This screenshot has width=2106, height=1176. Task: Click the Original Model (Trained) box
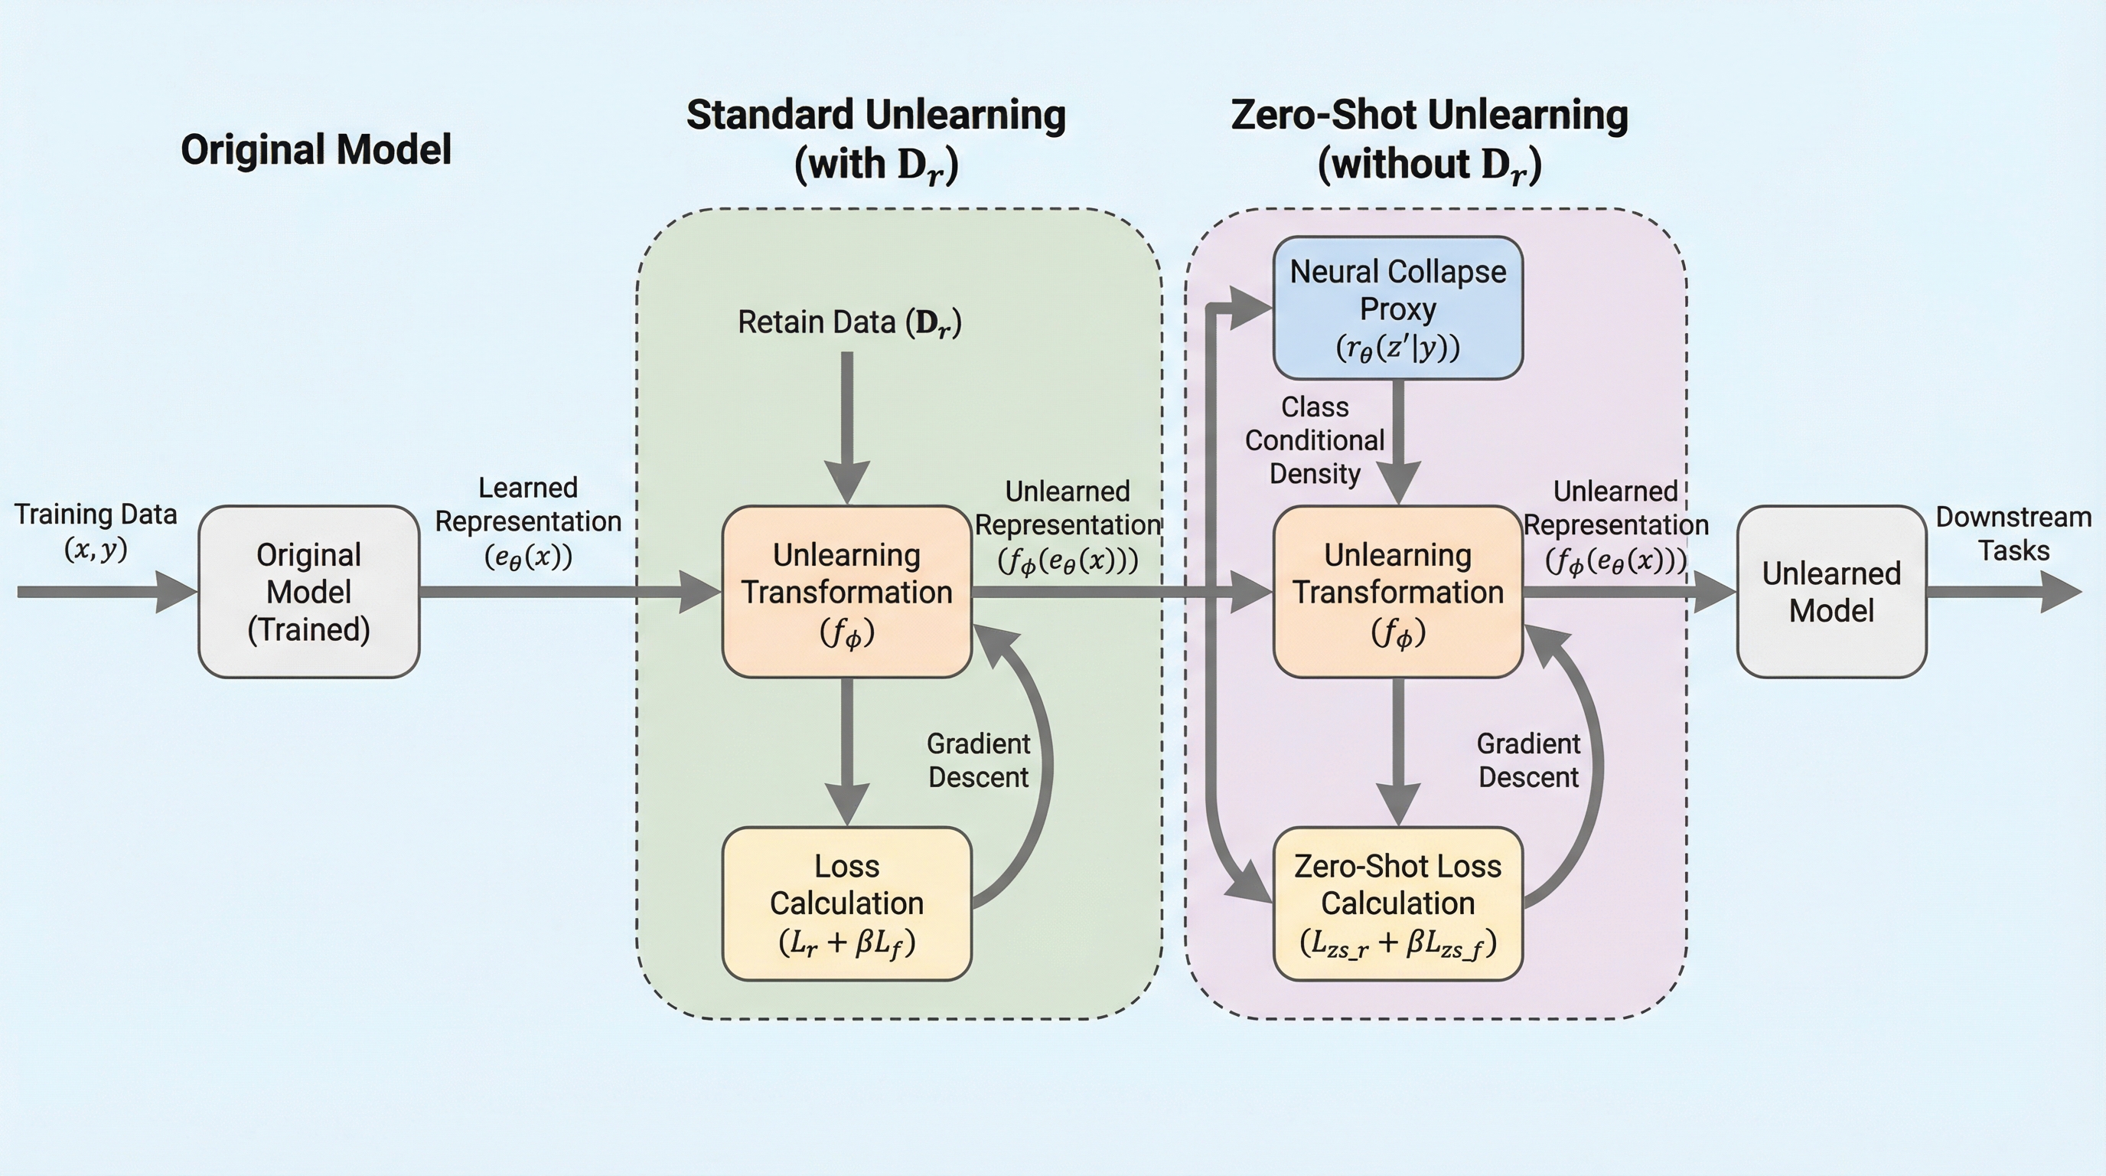(309, 591)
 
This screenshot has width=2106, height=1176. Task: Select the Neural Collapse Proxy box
(1398, 309)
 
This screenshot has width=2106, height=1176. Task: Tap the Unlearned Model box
(1831, 591)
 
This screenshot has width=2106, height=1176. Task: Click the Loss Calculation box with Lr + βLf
(847, 903)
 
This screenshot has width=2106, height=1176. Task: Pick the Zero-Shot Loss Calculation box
(1398, 903)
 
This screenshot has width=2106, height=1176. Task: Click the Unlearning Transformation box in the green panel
(847, 591)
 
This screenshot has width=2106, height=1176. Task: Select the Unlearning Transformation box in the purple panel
(1398, 591)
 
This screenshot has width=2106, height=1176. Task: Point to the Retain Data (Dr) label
(849, 322)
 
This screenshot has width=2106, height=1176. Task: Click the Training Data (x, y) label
(96, 531)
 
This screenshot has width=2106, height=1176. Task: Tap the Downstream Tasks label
(2013, 533)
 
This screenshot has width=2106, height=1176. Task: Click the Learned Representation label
(528, 521)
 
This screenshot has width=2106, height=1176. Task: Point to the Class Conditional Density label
(1315, 440)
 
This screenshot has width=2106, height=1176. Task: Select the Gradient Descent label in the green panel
(978, 759)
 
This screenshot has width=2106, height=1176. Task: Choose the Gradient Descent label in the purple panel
(1528, 759)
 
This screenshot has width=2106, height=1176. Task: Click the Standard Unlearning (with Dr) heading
(875, 139)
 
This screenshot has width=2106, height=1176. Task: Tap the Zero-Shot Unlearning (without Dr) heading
(1429, 139)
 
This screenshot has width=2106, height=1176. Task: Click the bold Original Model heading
(315, 149)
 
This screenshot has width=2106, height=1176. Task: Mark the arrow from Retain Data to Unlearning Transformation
(847, 425)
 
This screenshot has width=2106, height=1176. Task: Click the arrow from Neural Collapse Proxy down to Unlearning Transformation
(1399, 442)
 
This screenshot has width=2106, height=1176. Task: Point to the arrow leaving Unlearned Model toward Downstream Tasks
(2003, 591)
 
